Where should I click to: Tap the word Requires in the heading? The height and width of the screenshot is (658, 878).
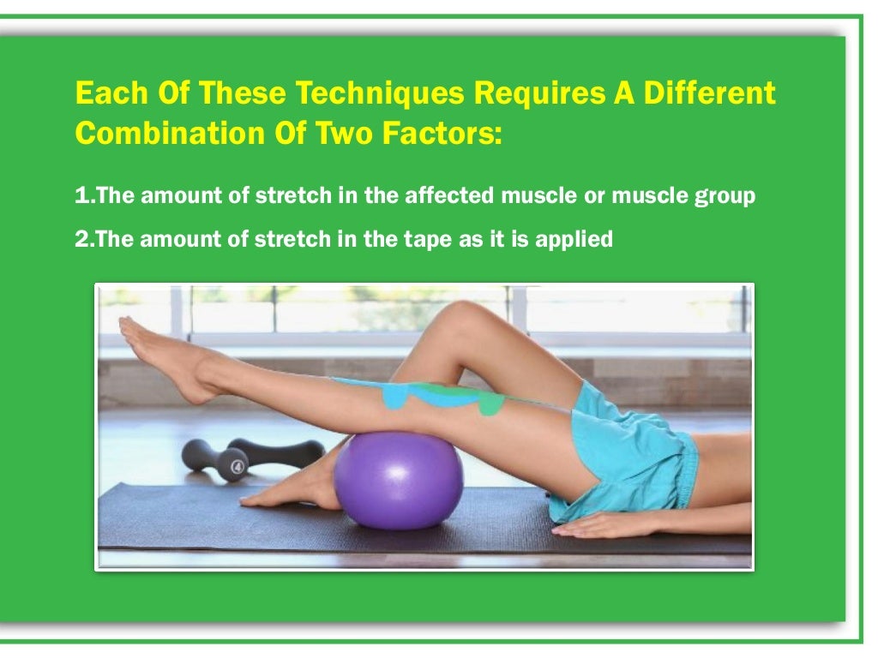(511, 93)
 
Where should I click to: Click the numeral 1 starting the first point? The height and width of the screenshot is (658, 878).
(81, 196)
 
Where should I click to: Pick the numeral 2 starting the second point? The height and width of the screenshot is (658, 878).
(81, 239)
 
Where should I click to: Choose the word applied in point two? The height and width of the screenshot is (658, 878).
(574, 240)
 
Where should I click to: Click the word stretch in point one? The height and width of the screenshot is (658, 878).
(289, 196)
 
